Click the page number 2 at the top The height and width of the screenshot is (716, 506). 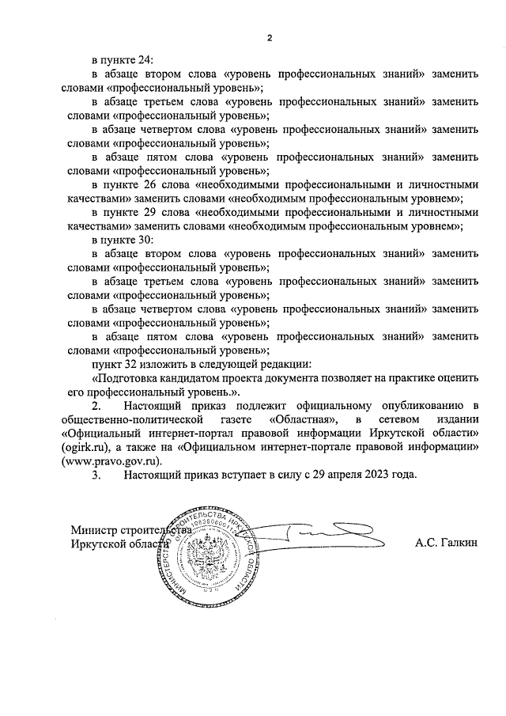(270, 37)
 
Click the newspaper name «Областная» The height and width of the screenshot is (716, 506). (307, 419)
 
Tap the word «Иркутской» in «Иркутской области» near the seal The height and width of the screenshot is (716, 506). (97, 544)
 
